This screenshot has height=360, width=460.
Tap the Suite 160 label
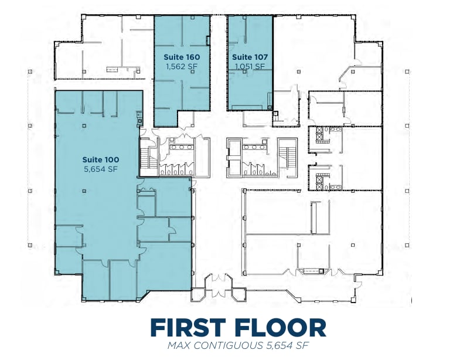point(182,57)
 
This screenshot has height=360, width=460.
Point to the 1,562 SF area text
point(182,66)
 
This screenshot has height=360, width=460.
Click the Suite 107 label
point(250,57)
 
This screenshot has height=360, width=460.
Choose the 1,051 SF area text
point(250,66)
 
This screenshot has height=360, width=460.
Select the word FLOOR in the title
point(280,327)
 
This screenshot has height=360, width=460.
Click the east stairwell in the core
point(288,158)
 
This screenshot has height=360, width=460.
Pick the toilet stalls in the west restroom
point(173,170)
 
